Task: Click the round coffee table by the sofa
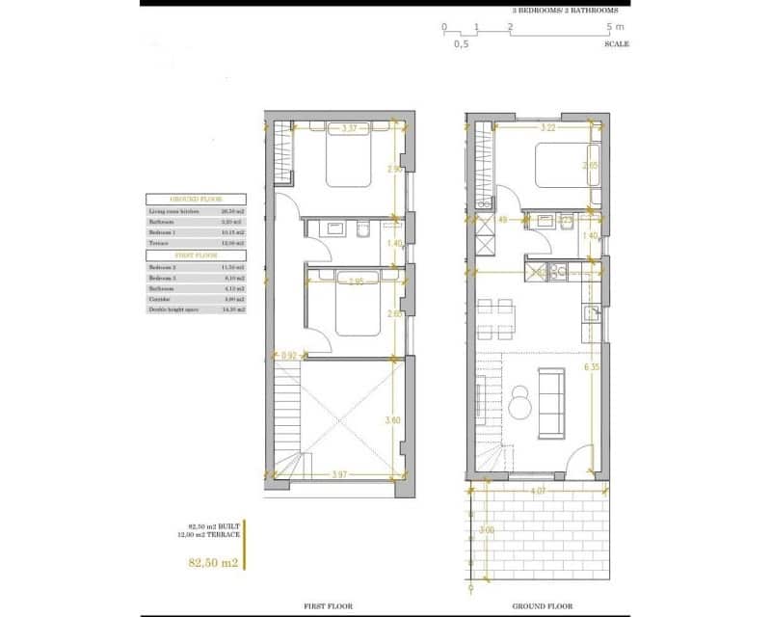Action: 520,403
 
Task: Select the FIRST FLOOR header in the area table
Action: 195,255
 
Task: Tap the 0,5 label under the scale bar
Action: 461,44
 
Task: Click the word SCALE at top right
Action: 617,44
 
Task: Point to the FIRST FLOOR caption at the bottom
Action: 327,606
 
